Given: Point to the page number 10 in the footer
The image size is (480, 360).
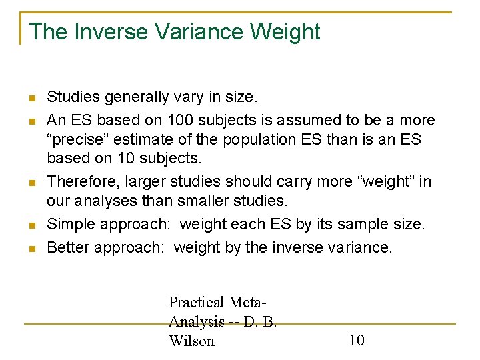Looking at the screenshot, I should [x=357, y=341].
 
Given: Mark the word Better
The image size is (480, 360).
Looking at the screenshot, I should [x=68, y=248].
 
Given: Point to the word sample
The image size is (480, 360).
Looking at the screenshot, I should [x=353, y=225].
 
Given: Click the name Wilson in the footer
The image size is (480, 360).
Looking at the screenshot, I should [x=191, y=341].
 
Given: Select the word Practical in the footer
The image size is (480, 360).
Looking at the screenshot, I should [x=197, y=302].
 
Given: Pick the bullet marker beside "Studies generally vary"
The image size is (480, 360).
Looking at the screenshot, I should [x=32, y=99].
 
